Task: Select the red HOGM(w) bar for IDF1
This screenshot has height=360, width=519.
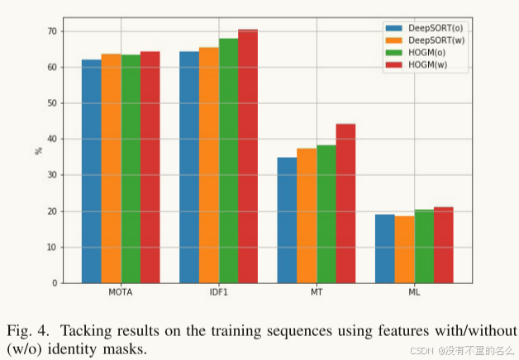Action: coord(248,156)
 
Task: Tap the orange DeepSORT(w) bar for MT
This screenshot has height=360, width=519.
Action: coord(307,216)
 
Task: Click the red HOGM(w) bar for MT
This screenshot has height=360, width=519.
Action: coord(345,203)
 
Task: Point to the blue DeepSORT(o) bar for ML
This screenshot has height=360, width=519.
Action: coord(384,249)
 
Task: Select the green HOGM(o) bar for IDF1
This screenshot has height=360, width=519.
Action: coord(228,160)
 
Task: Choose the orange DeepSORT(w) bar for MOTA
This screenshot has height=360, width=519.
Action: coord(111,168)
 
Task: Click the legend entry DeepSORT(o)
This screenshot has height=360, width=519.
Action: coord(433,27)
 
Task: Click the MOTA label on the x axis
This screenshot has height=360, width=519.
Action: coord(121,293)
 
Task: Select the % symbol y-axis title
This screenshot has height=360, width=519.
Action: coord(38,150)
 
